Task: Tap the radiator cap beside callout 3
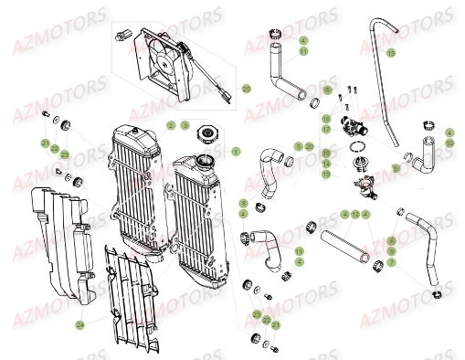click(209, 138)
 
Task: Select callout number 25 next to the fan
click(246, 88)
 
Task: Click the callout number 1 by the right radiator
click(236, 150)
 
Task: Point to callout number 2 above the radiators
click(170, 124)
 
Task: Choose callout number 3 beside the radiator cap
click(184, 124)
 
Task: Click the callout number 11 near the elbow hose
click(303, 51)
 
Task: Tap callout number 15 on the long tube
click(390, 53)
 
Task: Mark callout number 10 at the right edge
click(449, 143)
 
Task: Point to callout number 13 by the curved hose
click(300, 250)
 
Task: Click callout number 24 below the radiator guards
click(80, 323)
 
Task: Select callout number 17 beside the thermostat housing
click(326, 130)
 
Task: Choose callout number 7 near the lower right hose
click(391, 262)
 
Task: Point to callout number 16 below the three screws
click(326, 119)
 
